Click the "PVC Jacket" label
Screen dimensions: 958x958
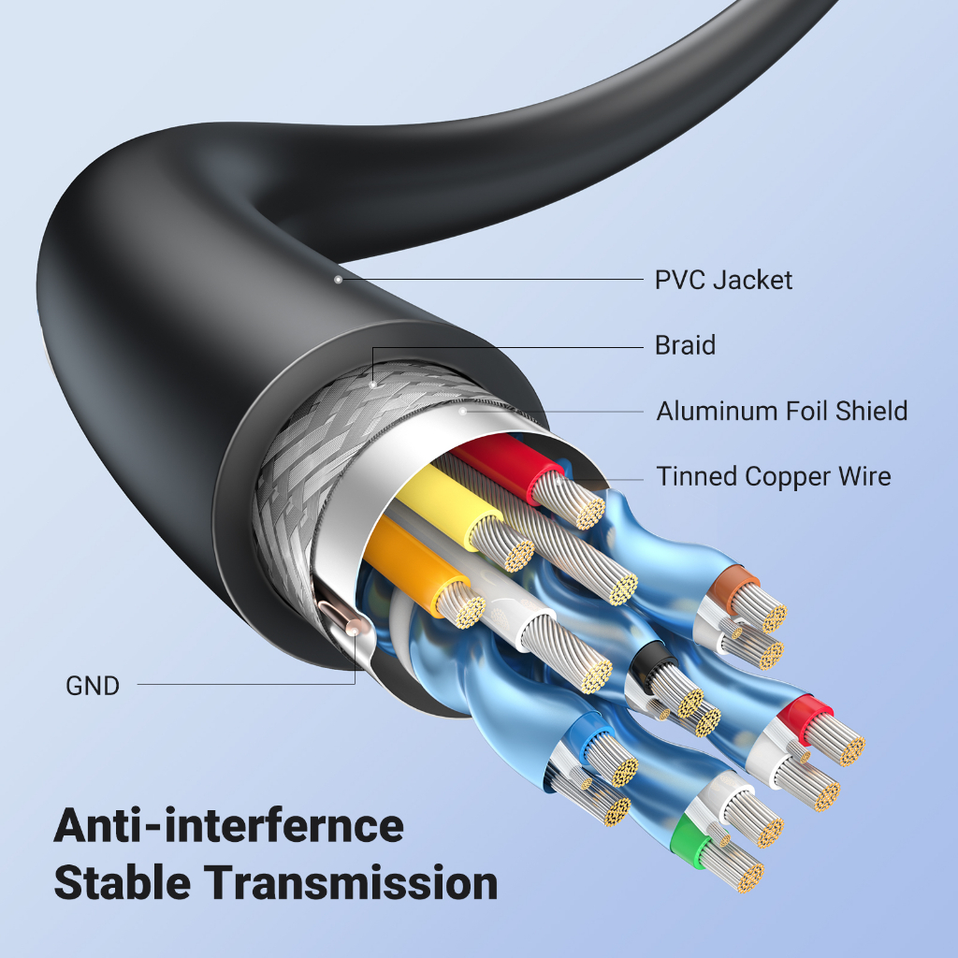point(723,280)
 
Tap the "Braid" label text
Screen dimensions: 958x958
point(685,345)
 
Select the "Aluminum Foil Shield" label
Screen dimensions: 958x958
point(781,411)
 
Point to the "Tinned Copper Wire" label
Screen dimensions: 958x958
point(773,476)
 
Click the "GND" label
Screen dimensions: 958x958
point(93,686)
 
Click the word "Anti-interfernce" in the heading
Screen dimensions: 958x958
point(228,826)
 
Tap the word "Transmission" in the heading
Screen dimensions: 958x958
point(350,883)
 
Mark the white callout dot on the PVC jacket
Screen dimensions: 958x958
point(338,279)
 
